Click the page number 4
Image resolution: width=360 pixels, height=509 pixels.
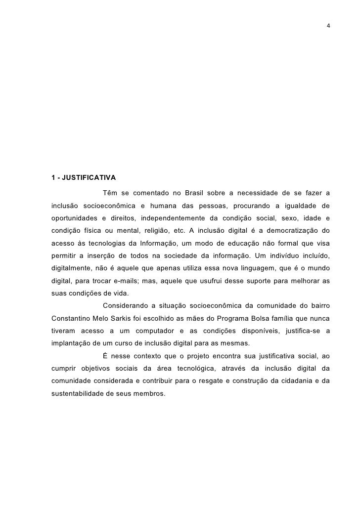[329, 25]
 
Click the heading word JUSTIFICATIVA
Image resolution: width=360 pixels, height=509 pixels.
[89, 177]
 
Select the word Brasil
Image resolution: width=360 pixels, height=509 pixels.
[198, 192]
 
